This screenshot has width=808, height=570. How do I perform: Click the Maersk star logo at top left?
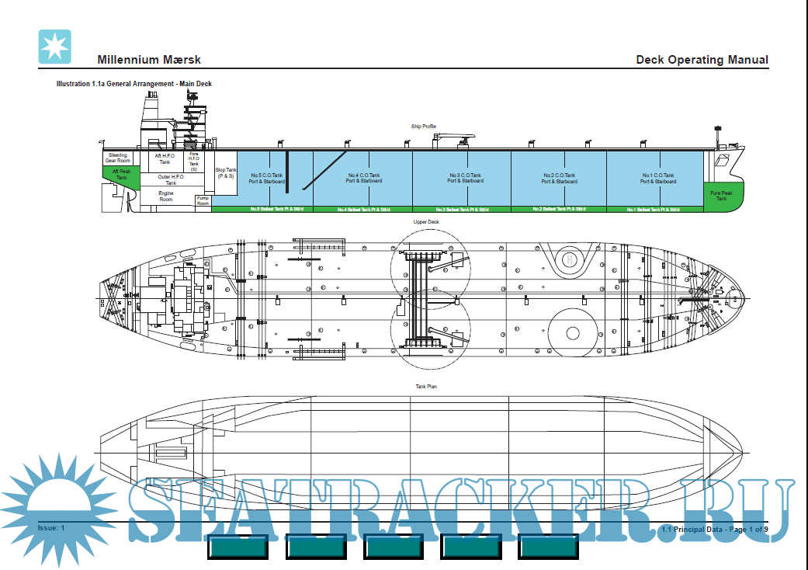(54, 46)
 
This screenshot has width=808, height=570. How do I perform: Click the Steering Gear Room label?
(117, 158)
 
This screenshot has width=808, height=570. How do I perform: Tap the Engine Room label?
(166, 196)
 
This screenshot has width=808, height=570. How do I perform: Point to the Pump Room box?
(203, 200)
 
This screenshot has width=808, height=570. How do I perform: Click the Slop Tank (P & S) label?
(225, 172)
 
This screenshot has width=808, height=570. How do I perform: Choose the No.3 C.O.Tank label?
(464, 178)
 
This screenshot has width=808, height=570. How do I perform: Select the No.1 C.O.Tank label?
(657, 178)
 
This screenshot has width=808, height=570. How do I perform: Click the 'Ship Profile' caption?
(424, 126)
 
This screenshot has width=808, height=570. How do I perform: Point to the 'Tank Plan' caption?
(426, 386)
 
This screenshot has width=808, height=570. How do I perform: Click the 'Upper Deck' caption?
(426, 221)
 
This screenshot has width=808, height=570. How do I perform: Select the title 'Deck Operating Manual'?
(702, 60)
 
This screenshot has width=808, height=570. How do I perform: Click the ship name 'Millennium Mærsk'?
(150, 60)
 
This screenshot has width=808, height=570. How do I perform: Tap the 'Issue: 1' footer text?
(51, 528)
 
